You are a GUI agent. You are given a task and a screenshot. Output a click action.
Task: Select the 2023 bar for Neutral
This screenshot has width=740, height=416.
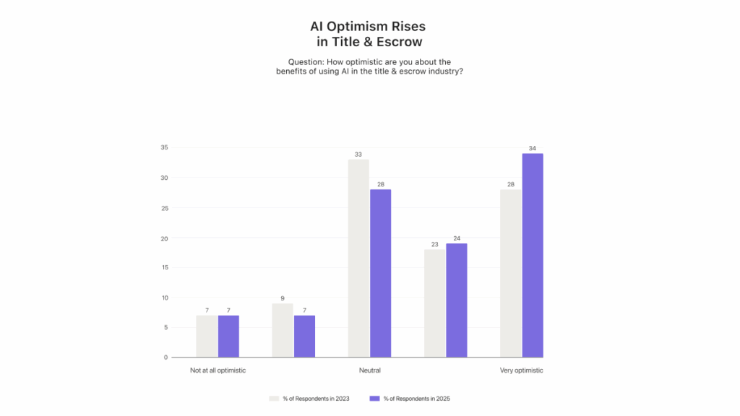point(358,258)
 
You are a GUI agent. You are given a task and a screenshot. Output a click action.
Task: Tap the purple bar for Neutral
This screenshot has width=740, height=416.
point(380,273)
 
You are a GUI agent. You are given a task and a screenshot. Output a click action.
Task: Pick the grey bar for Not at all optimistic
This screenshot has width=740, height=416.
point(206,336)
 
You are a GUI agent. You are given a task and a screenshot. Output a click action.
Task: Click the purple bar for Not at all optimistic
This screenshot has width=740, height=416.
point(228,336)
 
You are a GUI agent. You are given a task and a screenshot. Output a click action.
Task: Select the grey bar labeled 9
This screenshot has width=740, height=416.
point(283,330)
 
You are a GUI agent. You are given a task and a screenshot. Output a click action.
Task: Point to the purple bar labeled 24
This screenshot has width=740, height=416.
point(456,300)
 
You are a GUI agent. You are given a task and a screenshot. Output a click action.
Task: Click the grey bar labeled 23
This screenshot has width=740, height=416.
point(434,303)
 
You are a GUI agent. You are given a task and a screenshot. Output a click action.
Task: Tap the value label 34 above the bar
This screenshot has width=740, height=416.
point(532,148)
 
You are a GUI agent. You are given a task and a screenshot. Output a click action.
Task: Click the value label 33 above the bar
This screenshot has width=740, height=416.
point(358,154)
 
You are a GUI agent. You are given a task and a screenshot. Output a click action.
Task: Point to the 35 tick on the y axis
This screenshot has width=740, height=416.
point(164,147)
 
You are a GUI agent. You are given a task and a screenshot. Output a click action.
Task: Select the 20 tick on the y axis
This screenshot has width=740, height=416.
point(164,238)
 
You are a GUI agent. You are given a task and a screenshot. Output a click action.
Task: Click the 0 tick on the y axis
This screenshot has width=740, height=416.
point(165,357)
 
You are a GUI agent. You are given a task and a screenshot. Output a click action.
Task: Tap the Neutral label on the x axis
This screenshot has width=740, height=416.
point(369,370)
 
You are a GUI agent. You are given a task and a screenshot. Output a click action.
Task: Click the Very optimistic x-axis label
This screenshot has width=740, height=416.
point(521,370)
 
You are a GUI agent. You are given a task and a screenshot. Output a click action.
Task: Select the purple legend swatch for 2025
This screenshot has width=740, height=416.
point(374,398)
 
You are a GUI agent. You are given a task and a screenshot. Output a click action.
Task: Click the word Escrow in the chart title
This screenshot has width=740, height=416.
point(397,42)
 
